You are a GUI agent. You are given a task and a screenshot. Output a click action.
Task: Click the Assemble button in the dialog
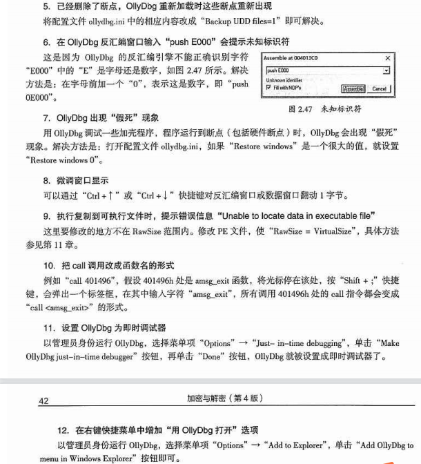(x=353, y=88)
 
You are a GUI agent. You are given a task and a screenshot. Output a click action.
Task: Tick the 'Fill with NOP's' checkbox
(x=268, y=88)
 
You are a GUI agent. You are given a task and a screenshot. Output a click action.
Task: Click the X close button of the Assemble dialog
(x=387, y=59)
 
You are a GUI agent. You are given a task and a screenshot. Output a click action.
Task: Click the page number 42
(x=43, y=400)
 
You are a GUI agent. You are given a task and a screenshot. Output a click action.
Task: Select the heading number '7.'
(x=47, y=117)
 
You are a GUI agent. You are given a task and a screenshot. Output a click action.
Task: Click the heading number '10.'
(x=49, y=265)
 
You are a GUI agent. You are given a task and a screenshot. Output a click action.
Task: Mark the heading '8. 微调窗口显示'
(x=75, y=180)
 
